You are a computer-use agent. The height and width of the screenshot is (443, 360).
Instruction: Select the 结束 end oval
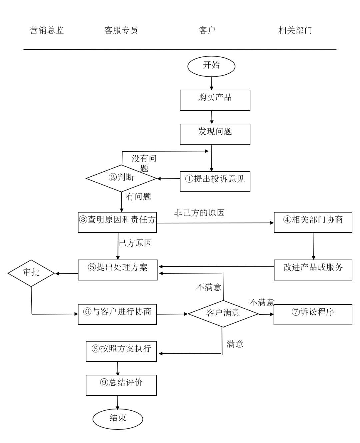[x=118, y=418]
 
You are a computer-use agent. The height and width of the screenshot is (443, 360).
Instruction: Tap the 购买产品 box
[x=215, y=100]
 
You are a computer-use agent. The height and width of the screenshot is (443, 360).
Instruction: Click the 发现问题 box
[x=215, y=134]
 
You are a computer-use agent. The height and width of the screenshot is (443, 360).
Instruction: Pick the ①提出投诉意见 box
[x=215, y=181]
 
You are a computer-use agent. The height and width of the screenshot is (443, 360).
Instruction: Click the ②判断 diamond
[x=121, y=178]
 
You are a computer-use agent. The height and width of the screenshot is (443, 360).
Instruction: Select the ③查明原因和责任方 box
[x=117, y=222]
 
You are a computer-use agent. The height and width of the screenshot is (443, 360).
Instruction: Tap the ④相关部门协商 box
[x=313, y=222]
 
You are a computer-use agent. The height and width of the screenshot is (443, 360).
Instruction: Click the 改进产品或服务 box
[x=313, y=270]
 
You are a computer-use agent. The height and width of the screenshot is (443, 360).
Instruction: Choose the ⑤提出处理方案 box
[x=118, y=270]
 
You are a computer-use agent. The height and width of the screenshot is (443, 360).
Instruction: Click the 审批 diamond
[x=31, y=273]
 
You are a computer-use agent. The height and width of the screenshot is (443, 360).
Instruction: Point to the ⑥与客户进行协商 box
[x=117, y=314]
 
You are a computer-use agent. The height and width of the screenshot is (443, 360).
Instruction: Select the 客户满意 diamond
[x=223, y=314]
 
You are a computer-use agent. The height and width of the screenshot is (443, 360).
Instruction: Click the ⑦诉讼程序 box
[x=313, y=314]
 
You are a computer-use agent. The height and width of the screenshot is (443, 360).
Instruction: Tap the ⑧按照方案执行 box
[x=121, y=351]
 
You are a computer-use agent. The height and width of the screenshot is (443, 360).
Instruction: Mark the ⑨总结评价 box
[x=121, y=385]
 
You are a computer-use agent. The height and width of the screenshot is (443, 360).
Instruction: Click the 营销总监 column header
[x=47, y=31]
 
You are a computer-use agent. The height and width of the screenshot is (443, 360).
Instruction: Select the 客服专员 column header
[x=121, y=31]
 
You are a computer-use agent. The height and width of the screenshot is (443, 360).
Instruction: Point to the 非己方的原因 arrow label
[x=199, y=213]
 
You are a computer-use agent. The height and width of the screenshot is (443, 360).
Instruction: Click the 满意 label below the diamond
[x=235, y=344]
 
